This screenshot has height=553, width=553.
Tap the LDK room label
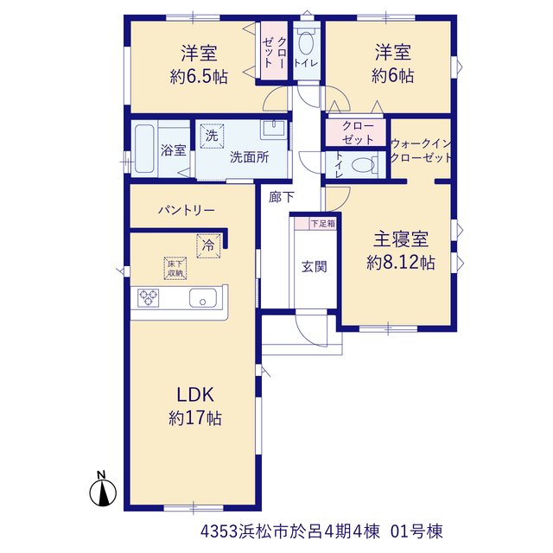[195, 395]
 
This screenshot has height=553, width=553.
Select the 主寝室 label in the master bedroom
[401, 239]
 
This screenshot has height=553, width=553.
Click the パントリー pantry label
[187, 211]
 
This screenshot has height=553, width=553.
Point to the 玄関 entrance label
[315, 267]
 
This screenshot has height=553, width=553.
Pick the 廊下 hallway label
[281, 197]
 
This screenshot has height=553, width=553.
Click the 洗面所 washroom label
[250, 157]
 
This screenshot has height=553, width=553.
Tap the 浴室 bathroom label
[173, 149]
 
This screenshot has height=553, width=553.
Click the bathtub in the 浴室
[144, 149]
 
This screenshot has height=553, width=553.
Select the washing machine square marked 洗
[212, 136]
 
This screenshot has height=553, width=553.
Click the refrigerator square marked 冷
[208, 245]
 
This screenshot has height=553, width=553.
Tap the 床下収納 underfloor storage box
[175, 269]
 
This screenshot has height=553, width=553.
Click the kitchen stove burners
[149, 297]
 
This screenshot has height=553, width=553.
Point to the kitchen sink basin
[203, 298]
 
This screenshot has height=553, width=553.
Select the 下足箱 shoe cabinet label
[322, 224]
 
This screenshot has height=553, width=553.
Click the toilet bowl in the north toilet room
[306, 43]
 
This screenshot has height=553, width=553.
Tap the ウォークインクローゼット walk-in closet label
[421, 150]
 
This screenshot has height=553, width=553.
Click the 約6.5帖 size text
[199, 77]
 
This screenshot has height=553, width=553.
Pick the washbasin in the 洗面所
[274, 130]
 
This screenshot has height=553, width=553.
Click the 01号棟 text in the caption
[416, 531]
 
